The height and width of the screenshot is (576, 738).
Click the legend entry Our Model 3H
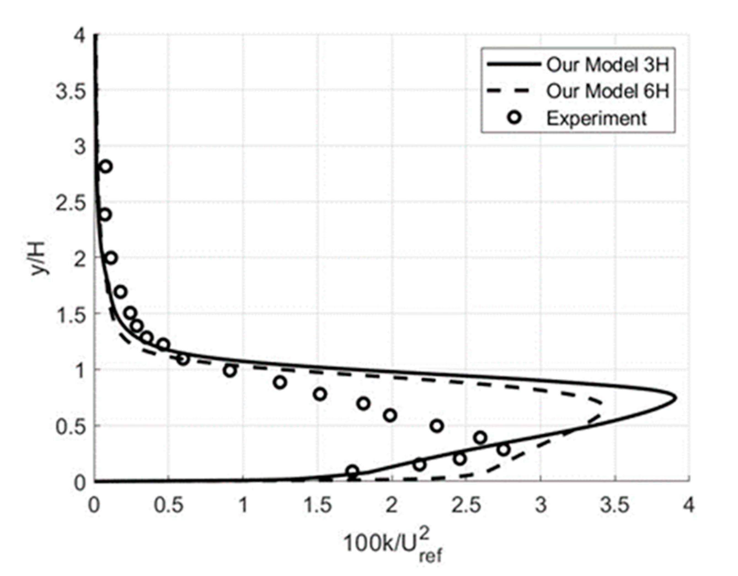pyautogui.click(x=608, y=64)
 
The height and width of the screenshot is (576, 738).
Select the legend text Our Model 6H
pyautogui.click(x=608, y=91)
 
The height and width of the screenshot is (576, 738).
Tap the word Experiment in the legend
pyautogui.click(x=597, y=118)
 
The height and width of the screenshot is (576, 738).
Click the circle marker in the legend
pyautogui.click(x=515, y=117)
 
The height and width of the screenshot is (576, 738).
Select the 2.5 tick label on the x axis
pyautogui.click(x=466, y=505)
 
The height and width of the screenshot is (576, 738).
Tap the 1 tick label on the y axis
pyautogui.click(x=80, y=370)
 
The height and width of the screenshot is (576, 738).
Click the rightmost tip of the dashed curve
pyautogui.click(x=602, y=403)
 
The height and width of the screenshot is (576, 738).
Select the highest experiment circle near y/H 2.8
pyautogui.click(x=106, y=166)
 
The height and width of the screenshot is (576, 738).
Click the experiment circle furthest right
pyautogui.click(x=504, y=450)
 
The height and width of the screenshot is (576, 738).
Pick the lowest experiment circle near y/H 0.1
pyautogui.click(x=352, y=471)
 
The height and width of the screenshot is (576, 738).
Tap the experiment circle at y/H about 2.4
pyautogui.click(x=105, y=215)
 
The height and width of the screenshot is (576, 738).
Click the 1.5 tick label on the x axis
pyautogui.click(x=317, y=505)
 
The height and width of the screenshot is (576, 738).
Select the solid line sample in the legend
pyautogui.click(x=513, y=64)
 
